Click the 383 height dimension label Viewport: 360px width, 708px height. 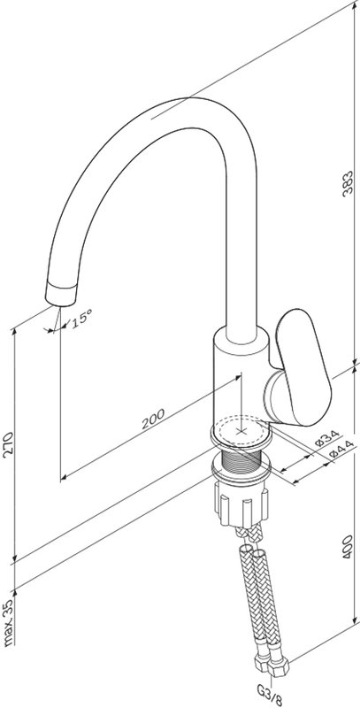pos(347,183)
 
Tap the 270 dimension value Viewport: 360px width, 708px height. pos(8,445)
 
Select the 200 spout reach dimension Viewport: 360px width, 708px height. pos(153,419)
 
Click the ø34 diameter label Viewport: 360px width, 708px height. pos(327,437)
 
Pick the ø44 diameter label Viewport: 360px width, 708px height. pos(341,450)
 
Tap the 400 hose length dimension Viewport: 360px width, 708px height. pos(347,547)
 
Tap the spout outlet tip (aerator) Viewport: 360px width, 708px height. pos(61,294)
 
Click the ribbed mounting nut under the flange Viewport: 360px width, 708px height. pos(241,503)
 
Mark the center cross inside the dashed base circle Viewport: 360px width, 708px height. pos(241,432)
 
